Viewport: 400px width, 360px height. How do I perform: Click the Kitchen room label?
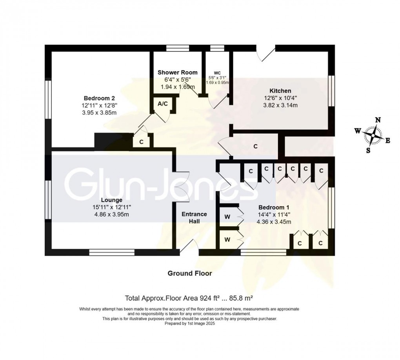pos(282,91)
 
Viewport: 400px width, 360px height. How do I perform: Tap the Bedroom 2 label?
pos(99,98)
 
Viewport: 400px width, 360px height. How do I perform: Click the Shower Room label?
pos(175,72)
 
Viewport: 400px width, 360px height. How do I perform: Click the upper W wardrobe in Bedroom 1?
pos(227,216)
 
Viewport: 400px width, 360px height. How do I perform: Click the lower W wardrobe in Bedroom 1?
pos(227,238)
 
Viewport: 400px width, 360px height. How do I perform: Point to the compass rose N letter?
pos(378,120)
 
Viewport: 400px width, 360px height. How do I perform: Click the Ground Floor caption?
pos(190,273)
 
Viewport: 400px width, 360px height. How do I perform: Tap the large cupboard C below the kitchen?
pos(255,146)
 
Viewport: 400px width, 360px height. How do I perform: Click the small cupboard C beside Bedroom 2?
pos(141,142)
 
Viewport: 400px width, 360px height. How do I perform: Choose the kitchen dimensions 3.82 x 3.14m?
pos(282,105)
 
